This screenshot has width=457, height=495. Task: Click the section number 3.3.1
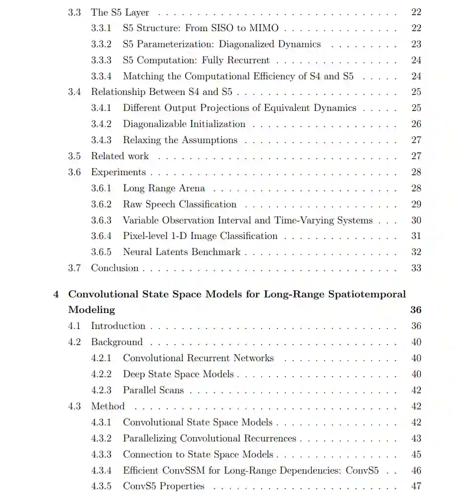point(101,28)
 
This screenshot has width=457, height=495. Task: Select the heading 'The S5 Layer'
point(120,12)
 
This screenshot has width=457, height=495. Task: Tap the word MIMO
point(264,28)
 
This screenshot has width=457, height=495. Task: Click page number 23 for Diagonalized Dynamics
point(416,44)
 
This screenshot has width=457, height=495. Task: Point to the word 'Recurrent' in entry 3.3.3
point(249,60)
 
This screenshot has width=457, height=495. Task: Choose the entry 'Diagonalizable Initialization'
point(184,124)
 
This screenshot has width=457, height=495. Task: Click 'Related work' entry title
point(120,156)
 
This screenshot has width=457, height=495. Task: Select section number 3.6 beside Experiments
point(74,172)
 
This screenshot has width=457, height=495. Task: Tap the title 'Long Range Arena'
point(164,188)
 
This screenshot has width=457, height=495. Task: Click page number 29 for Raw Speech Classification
point(416,204)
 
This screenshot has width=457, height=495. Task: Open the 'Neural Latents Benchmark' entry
point(182,252)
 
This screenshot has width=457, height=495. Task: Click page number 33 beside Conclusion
point(416,268)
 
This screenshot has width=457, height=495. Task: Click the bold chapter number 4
point(57,294)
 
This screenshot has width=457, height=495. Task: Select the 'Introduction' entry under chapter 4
point(118,326)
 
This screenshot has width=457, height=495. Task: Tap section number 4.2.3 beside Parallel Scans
point(101,390)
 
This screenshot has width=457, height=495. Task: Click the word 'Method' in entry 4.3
point(108,406)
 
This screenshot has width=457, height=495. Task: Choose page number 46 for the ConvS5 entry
point(416,471)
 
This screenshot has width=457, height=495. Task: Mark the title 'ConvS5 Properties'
point(163,486)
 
